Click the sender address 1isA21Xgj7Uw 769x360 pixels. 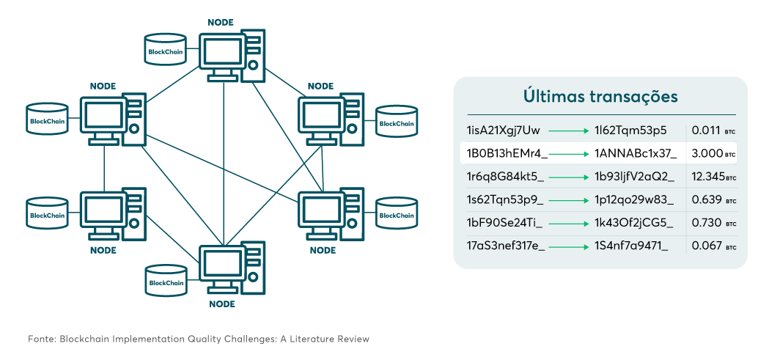pyautogui.click(x=503, y=131)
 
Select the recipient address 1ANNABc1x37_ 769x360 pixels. pyautogui.click(x=635, y=154)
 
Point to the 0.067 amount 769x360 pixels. pyautogui.click(x=707, y=245)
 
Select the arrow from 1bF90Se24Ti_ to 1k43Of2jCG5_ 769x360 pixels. pyautogui.click(x=569, y=223)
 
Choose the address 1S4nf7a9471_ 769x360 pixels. pyautogui.click(x=630, y=245)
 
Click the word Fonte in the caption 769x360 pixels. pyautogui.click(x=41, y=339)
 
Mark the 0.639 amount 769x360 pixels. pyautogui.click(x=707, y=199)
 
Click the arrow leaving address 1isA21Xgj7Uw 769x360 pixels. pyautogui.click(x=569, y=131)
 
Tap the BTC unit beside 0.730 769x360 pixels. pyautogui.click(x=730, y=224)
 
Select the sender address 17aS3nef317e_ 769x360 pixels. pyautogui.click(x=506, y=245)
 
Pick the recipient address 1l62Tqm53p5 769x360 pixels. pyautogui.click(x=630, y=131)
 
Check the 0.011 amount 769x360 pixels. pyautogui.click(x=707, y=131)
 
